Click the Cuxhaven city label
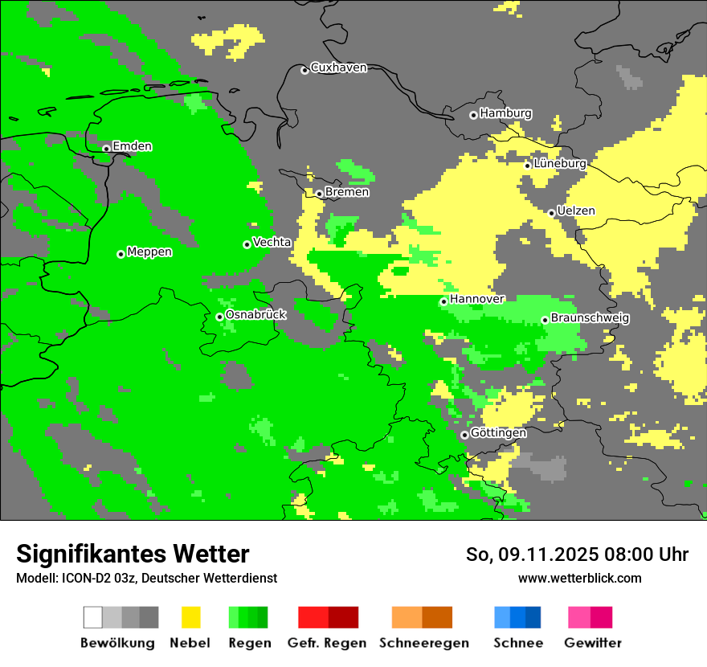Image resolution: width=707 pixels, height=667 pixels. [x=338, y=68]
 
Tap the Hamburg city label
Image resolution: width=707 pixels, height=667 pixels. [x=505, y=113]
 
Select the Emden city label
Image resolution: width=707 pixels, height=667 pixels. [x=132, y=146]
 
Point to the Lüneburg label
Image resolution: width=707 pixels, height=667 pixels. [x=559, y=163]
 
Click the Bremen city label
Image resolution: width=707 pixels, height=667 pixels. [x=347, y=192]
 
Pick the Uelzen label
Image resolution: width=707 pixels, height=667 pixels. [x=576, y=211]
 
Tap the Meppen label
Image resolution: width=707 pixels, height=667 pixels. [x=149, y=252]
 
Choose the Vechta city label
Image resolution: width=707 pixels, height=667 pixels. [x=272, y=242]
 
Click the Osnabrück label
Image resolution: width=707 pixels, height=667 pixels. [x=255, y=315]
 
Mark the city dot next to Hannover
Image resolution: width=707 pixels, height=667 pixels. [x=443, y=302]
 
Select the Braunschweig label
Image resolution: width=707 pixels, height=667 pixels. [x=590, y=318]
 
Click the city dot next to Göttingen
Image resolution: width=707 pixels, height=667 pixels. [x=464, y=435]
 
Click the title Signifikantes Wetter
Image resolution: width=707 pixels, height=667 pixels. [x=133, y=554]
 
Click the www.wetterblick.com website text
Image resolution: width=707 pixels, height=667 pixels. [x=579, y=578]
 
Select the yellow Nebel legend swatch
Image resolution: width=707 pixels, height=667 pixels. [x=190, y=617]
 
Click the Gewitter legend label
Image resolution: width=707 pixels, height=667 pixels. [x=592, y=643]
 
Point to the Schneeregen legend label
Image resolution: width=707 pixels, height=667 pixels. [x=423, y=643]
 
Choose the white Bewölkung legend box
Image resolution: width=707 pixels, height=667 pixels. [x=93, y=617]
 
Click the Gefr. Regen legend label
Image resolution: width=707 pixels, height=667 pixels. [x=327, y=643]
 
